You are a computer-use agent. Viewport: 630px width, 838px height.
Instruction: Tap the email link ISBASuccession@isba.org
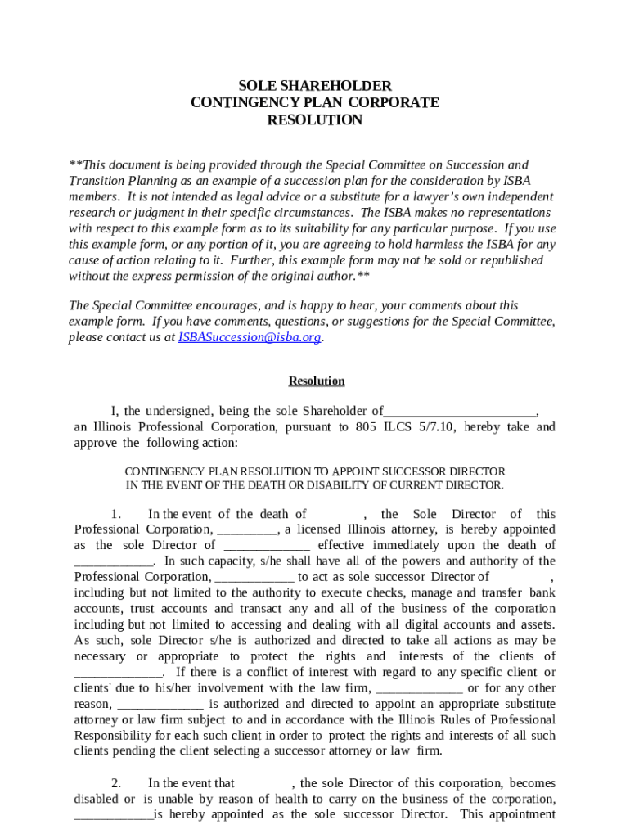point(250,337)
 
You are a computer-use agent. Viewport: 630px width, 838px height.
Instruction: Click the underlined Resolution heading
point(316,381)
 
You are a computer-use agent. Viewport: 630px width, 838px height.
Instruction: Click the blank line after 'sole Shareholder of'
point(460,412)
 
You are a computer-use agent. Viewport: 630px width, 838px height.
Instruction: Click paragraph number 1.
point(116,514)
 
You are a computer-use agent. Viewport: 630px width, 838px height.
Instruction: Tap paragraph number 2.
point(116,783)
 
